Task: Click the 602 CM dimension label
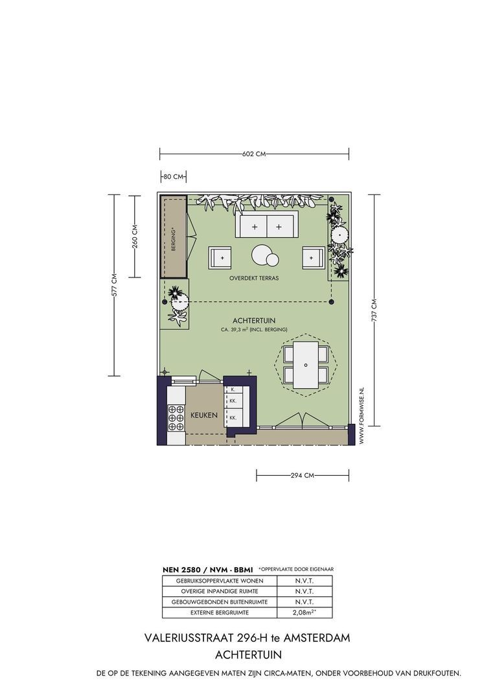tap(254, 154)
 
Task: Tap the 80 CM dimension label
tap(173, 177)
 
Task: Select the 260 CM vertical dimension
tap(135, 236)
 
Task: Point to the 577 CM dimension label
tap(114, 285)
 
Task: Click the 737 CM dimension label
tap(374, 310)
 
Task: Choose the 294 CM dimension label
tap(303, 476)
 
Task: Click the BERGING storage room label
tap(173, 239)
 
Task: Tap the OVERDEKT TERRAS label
tap(254, 278)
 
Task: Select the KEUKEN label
tap(204, 415)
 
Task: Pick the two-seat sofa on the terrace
tap(267, 225)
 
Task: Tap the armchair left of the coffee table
tap(220, 257)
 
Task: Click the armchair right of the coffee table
tap(314, 257)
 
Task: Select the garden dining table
tap(306, 365)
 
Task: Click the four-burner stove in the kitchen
tap(176, 419)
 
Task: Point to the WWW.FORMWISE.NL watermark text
tap(362, 416)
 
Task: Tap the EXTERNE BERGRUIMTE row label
tap(219, 612)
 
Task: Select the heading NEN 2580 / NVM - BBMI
tap(207, 570)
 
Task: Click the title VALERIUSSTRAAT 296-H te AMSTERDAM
tap(247, 638)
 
